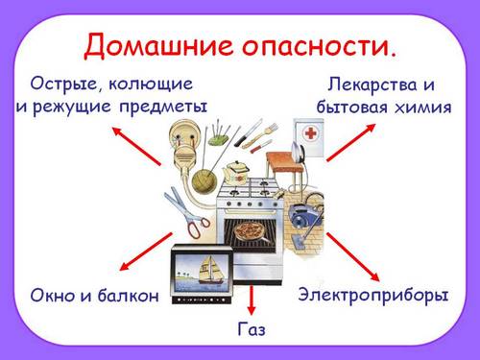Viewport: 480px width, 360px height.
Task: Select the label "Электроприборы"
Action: [x=372, y=295]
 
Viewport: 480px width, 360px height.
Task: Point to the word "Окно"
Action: [x=60, y=296]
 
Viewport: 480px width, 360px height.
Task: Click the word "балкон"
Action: [x=127, y=296]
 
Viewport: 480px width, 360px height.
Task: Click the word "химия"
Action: [x=422, y=107]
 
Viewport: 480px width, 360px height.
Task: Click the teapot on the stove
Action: [x=235, y=171]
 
